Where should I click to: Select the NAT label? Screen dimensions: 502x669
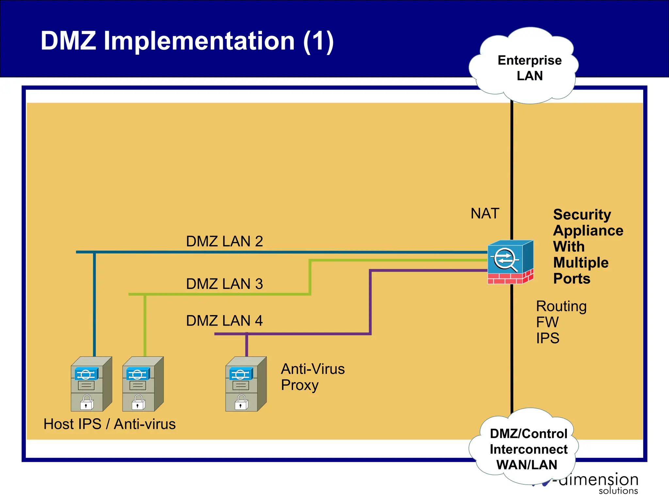click(x=485, y=213)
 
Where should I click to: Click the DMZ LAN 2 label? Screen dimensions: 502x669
click(x=224, y=241)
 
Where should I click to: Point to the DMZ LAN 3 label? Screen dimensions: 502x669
click(x=224, y=284)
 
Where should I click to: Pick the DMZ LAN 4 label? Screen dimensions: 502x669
click(x=224, y=321)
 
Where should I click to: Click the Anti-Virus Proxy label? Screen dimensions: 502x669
click(x=313, y=377)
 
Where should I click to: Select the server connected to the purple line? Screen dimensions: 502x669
click(x=246, y=384)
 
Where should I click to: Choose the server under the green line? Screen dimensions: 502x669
click(x=143, y=384)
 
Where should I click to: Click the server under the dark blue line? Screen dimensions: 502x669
click(x=91, y=384)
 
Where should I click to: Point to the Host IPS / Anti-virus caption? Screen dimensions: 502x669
click(x=109, y=424)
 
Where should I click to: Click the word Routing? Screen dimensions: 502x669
click(x=561, y=306)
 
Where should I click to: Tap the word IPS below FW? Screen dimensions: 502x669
click(x=547, y=338)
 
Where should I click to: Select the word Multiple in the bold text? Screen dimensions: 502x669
click(x=580, y=262)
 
